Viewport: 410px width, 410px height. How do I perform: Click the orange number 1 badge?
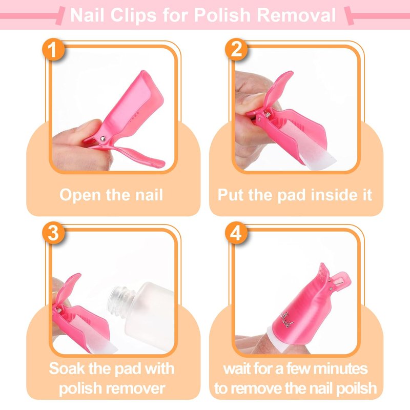click(x=53, y=49)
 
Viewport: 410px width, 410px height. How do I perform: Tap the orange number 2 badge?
click(x=236, y=49)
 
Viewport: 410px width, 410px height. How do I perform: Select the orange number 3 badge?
click(x=53, y=233)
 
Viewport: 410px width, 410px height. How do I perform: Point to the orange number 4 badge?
click(x=236, y=233)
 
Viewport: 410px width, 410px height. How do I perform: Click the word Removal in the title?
click(x=296, y=15)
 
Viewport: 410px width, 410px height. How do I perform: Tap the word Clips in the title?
click(x=133, y=15)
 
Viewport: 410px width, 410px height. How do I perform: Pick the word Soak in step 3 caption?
click(x=68, y=368)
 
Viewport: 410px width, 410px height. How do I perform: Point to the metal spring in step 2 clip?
click(x=268, y=114)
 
